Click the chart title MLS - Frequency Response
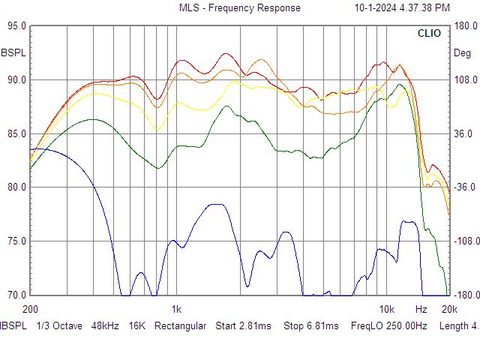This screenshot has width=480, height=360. pos(239,8)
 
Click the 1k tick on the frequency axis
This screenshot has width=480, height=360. pos(176,309)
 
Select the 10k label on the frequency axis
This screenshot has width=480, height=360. pos(386,309)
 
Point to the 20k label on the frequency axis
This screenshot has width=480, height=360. pos(449,309)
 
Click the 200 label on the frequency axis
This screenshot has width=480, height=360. pos(31,309)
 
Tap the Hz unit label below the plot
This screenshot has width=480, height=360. pos(421,309)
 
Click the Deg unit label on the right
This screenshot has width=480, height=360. pos(463,53)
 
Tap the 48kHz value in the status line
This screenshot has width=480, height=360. pos(104,326)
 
